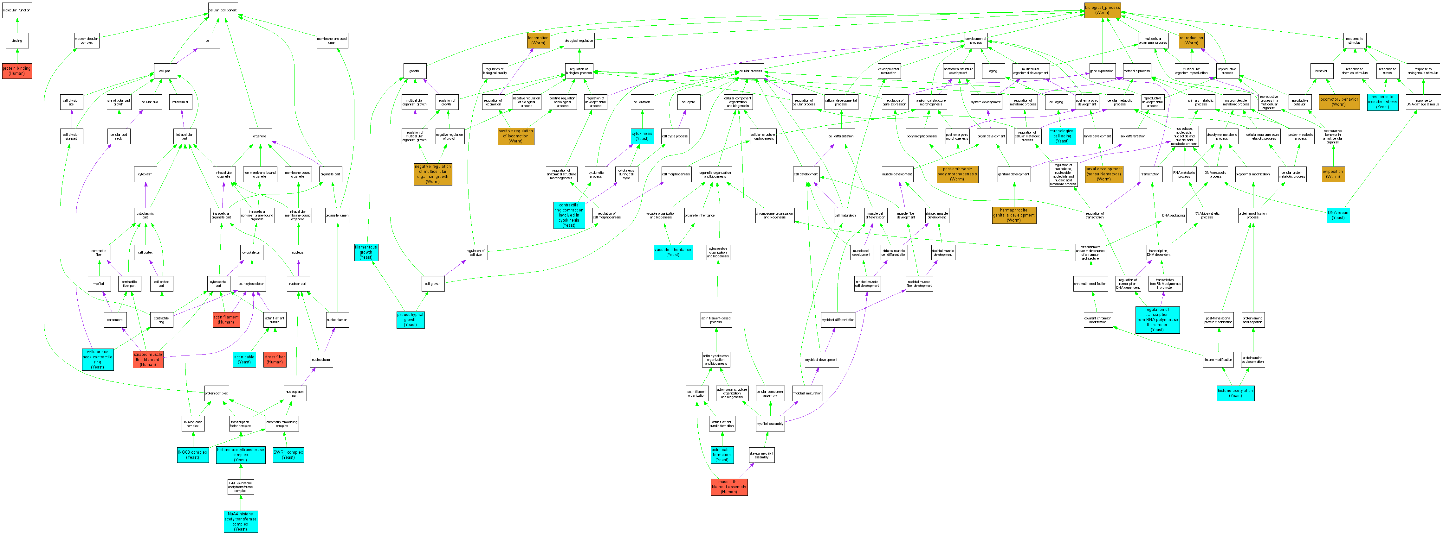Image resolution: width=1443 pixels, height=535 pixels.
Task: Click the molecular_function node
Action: coord(17,10)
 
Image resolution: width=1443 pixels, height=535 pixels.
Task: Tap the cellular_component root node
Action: coord(223,10)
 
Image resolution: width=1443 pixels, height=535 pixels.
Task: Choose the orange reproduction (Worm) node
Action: coord(1191,40)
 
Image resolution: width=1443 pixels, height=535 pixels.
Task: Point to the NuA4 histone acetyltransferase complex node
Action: coord(240,521)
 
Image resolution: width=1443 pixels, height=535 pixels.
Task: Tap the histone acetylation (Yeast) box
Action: coord(1235,393)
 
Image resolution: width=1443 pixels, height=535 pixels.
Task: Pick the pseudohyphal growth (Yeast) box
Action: coord(410,319)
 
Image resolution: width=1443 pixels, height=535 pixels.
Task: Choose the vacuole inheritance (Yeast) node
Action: coord(672,252)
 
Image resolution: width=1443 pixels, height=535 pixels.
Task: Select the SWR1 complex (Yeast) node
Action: coord(288,454)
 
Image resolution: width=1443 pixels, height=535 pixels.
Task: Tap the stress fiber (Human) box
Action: coord(275,359)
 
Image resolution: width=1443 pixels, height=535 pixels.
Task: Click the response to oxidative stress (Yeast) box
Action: coord(1382,102)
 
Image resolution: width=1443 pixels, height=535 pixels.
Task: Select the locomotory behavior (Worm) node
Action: coord(1339,102)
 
